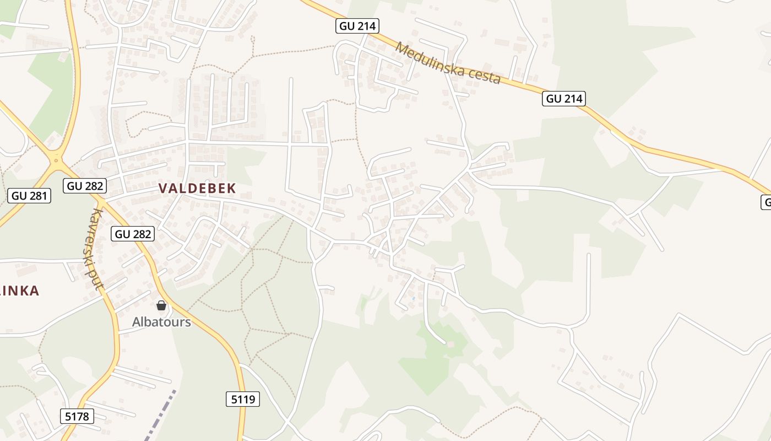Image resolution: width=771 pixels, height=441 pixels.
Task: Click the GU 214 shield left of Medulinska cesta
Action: pyautogui.click(x=357, y=26)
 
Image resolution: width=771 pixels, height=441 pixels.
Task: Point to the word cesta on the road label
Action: pyautogui.click(x=482, y=77)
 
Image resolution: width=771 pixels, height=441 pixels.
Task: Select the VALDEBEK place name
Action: pyautogui.click(x=197, y=188)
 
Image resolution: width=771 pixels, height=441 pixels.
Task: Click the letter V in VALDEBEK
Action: pyautogui.click(x=163, y=188)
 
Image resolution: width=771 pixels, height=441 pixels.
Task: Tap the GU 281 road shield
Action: pyautogui.click(x=30, y=196)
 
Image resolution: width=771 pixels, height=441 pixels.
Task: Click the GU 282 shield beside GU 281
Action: pyautogui.click(x=85, y=186)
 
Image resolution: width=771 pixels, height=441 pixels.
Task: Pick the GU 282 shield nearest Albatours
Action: pyautogui.click(x=133, y=234)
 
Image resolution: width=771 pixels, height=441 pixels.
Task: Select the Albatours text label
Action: pyautogui.click(x=161, y=322)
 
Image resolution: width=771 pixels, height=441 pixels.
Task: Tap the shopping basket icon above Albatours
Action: pyautogui.click(x=161, y=305)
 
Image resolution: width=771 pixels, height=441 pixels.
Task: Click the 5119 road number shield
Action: pyautogui.click(x=243, y=399)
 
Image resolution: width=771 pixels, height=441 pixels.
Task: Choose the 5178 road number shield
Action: pyautogui.click(x=77, y=416)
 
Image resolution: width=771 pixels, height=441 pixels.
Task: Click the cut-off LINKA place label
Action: pyautogui.click(x=20, y=291)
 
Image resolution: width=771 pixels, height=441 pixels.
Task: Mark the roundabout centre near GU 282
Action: pyautogui.click(x=56, y=160)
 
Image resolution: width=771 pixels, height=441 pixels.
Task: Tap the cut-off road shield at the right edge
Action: pyautogui.click(x=766, y=202)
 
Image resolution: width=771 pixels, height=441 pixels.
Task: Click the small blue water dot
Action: pyautogui.click(x=414, y=299)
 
